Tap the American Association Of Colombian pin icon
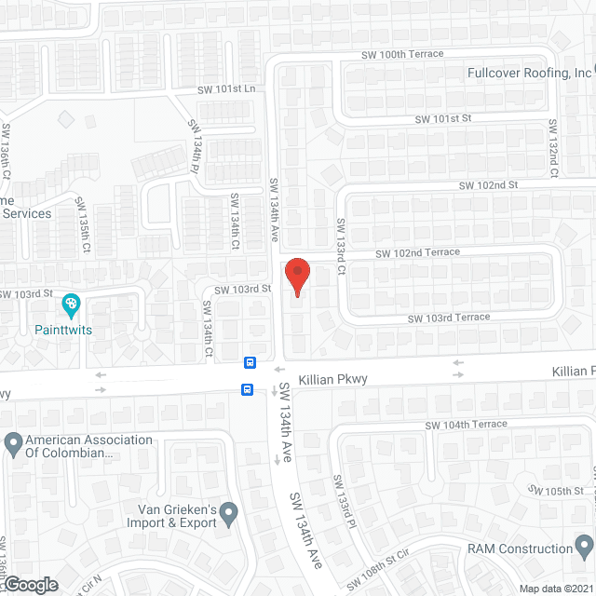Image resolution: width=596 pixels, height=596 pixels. click(13, 442)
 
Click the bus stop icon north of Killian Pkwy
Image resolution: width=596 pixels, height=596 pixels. click(250, 362)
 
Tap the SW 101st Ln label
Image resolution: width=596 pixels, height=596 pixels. click(225, 89)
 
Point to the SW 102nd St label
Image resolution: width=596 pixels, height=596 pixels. click(487, 185)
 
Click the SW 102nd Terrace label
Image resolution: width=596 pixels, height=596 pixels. click(417, 252)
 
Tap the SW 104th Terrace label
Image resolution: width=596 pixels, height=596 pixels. click(467, 425)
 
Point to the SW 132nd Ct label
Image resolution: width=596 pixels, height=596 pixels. click(553, 147)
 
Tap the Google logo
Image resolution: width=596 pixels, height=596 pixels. click(30, 584)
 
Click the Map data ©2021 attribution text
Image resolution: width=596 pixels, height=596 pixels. click(555, 589)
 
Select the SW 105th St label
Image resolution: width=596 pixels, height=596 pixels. click(564, 490)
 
